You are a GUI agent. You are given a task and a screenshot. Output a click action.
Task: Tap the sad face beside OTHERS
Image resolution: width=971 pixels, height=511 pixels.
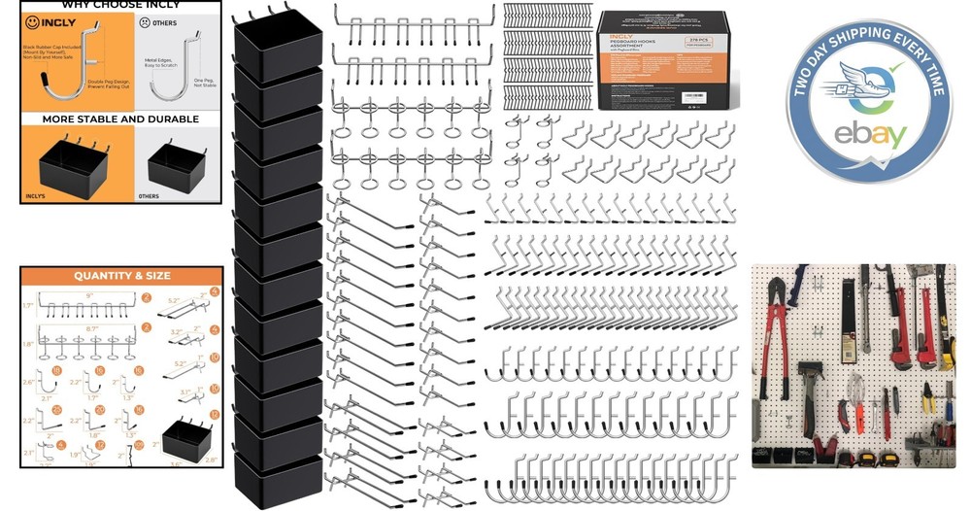point(146,20)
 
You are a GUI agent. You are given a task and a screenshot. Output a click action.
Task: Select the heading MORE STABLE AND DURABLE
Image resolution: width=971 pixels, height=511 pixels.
point(120,119)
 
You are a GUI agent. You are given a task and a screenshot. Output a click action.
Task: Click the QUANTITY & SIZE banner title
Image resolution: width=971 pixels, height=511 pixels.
point(121,276)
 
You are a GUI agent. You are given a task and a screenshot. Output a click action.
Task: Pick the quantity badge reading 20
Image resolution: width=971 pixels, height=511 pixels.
point(99,411)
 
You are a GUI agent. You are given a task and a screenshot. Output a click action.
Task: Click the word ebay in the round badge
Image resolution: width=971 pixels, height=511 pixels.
point(869,134)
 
